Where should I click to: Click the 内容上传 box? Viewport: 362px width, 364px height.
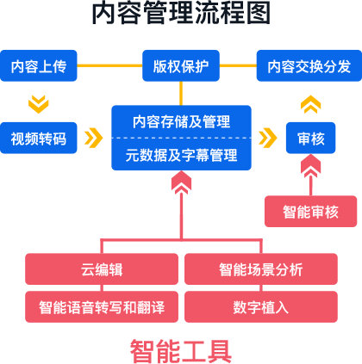[39, 65]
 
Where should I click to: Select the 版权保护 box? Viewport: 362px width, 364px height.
[181, 65]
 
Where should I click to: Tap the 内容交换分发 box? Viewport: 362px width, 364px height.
[309, 65]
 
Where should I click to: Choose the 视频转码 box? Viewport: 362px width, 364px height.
[39, 138]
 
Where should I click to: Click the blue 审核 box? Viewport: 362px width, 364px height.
[310, 138]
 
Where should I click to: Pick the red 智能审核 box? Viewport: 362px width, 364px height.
[310, 212]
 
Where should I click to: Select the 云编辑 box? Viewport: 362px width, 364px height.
[102, 269]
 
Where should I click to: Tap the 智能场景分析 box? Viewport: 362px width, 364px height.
[261, 269]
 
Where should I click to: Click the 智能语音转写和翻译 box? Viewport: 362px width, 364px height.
[102, 307]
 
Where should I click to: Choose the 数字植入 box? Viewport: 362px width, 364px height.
[261, 307]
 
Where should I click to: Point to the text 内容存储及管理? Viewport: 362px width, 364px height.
[181, 121]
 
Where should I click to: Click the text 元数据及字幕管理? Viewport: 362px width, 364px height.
[181, 155]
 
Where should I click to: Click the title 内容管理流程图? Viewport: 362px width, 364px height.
[181, 13]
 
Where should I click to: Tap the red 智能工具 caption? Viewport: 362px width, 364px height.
[181, 351]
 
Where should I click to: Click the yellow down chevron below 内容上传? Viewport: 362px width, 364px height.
[39, 104]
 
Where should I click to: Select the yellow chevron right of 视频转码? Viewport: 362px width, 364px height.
[94, 138]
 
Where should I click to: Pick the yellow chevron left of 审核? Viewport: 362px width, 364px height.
[268, 138]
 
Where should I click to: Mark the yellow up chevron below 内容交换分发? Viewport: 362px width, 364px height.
[310, 104]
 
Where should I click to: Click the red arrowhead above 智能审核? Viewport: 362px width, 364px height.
[310, 166]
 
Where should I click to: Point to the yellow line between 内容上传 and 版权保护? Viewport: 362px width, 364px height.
[109, 65]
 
